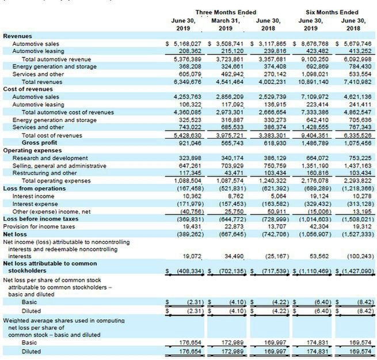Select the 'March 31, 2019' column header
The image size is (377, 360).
click(225, 24)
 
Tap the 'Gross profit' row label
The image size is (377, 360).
click(40, 142)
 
